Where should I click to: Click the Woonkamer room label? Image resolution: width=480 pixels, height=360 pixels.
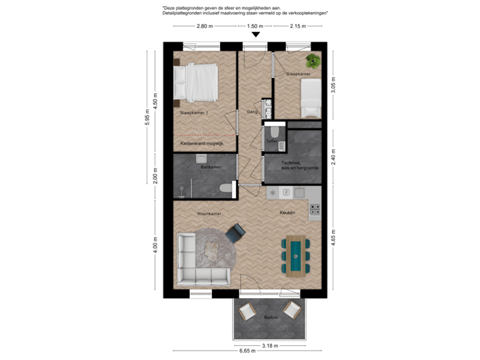[209, 213]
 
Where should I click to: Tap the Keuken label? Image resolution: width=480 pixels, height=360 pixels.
[288, 213]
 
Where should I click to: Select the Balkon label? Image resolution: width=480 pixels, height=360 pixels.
[270, 317]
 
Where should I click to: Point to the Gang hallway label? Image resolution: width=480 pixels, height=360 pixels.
[253, 111]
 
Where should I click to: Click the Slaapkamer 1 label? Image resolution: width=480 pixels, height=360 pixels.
[194, 113]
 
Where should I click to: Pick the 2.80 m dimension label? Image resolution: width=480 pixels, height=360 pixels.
[204, 27]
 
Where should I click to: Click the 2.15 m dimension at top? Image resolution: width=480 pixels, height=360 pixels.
[297, 27]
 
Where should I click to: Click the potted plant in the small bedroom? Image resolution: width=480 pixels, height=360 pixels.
[313, 59]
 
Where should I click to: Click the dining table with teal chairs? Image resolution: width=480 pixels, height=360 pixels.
[293, 255]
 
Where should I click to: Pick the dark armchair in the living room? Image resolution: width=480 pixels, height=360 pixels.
[235, 233]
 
